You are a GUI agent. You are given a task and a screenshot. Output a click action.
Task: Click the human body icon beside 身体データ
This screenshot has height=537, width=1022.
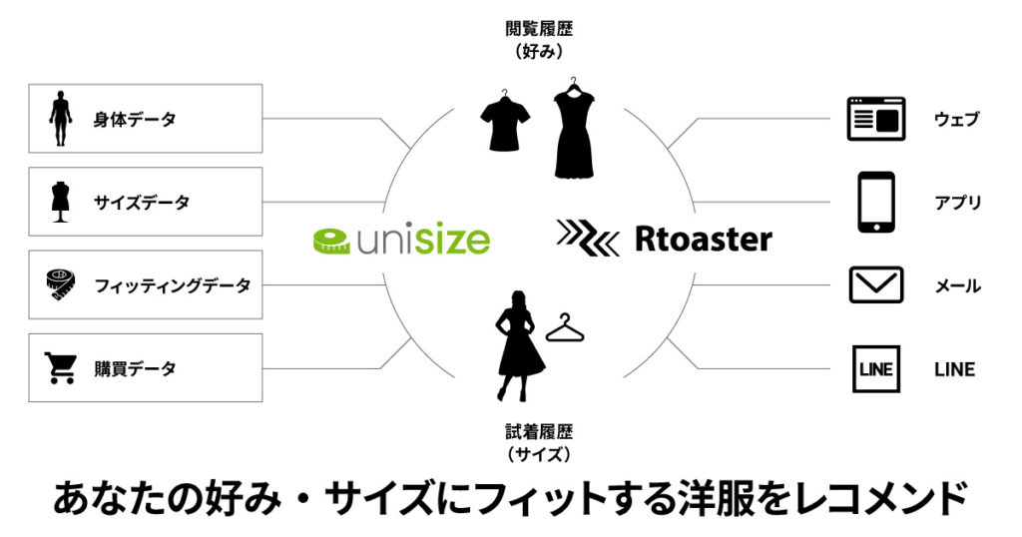point(61,118)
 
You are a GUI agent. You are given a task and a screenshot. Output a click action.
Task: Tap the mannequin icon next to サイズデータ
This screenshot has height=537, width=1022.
point(61,202)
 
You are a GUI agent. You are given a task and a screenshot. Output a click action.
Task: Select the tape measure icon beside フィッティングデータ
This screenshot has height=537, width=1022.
point(61,284)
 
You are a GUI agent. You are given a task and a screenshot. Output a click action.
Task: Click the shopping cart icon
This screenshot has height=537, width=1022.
point(61,367)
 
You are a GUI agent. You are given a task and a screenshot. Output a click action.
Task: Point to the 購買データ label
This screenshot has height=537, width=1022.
point(135,369)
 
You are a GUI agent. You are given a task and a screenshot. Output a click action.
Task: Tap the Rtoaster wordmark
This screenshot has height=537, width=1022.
point(704,240)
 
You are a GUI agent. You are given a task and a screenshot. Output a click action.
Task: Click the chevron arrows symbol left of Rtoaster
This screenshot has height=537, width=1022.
point(588,238)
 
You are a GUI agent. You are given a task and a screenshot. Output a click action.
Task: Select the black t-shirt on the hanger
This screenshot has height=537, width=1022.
point(505,121)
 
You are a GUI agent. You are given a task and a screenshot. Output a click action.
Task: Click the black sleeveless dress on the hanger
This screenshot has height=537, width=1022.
point(574,128)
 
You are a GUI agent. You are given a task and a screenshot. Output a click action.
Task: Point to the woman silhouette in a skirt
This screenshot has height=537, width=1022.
point(519,345)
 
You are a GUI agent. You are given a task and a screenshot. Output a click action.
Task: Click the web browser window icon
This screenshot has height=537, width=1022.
point(876,119)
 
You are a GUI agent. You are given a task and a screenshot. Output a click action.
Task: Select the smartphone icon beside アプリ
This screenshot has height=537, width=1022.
point(876,202)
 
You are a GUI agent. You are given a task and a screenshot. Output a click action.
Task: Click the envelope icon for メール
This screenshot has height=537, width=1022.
point(876,284)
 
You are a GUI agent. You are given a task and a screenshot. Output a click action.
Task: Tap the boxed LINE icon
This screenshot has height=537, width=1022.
point(876,369)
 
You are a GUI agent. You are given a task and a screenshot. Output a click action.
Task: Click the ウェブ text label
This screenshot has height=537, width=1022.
point(957,119)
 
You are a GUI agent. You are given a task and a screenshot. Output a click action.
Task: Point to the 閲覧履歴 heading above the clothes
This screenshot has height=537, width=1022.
point(539,29)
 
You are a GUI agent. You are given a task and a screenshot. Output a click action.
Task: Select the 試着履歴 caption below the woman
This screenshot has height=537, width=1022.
point(539,431)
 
